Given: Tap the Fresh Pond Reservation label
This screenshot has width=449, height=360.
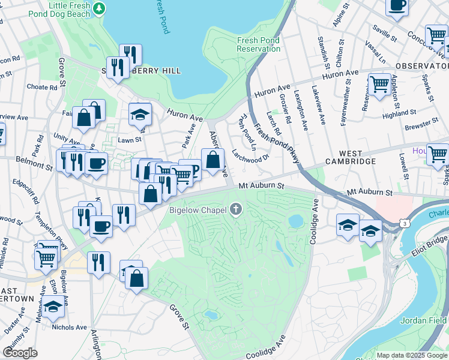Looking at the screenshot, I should coord(259,44).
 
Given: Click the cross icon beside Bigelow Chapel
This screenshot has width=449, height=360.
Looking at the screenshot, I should coord(237,209).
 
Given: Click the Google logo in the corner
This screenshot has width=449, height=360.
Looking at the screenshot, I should coord(20,353).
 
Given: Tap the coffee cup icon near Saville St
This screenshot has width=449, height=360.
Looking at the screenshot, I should coord(397,5).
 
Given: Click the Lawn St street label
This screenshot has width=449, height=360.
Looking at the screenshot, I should coord(129,139).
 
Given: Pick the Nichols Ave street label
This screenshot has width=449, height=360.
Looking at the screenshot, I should coord(70,327).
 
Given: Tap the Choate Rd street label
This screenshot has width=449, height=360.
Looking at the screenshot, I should coord(41,87).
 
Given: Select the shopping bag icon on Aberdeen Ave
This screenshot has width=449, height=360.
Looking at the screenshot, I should coord(212,160).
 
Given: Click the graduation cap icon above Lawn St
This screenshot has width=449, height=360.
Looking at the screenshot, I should coord(140,113).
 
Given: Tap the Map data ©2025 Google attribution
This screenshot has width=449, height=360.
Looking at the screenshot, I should coord(412,355).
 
